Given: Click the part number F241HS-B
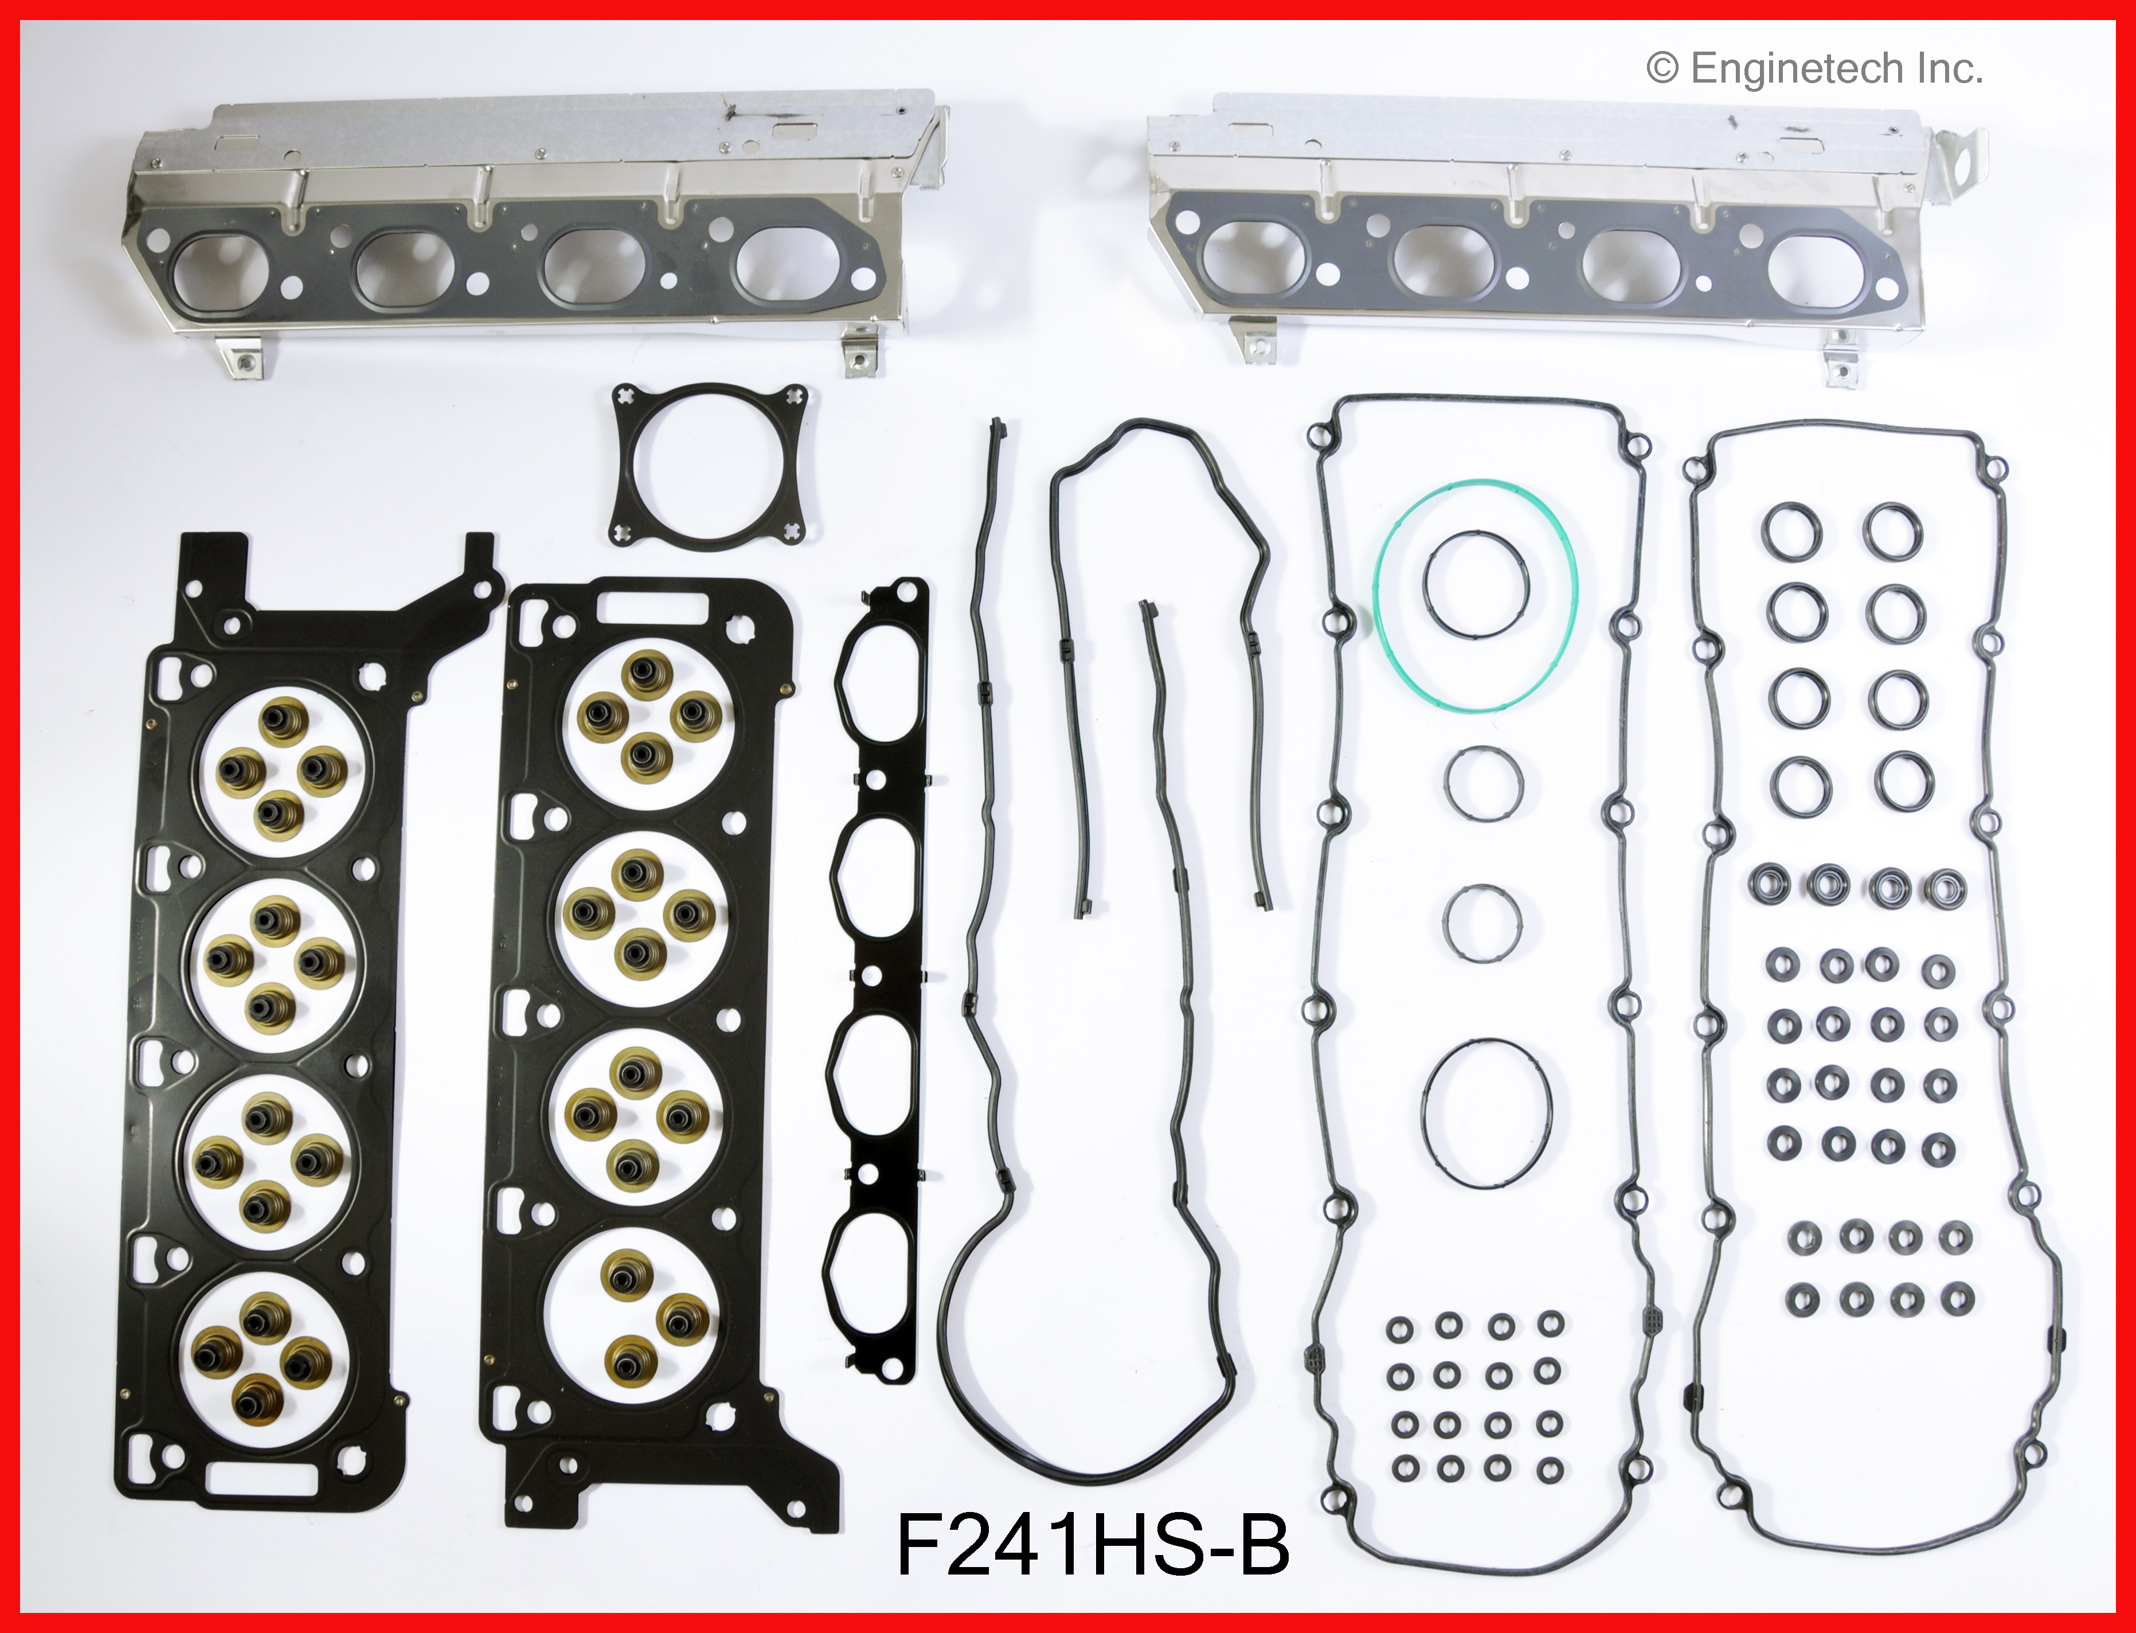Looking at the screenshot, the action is click(x=1093, y=1544).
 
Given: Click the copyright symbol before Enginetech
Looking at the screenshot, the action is click(x=1662, y=69).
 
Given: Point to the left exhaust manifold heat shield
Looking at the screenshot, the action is click(x=534, y=228).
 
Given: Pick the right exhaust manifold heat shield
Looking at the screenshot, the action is click(x=1564, y=233).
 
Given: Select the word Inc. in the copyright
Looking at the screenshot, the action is click(x=1950, y=69).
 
